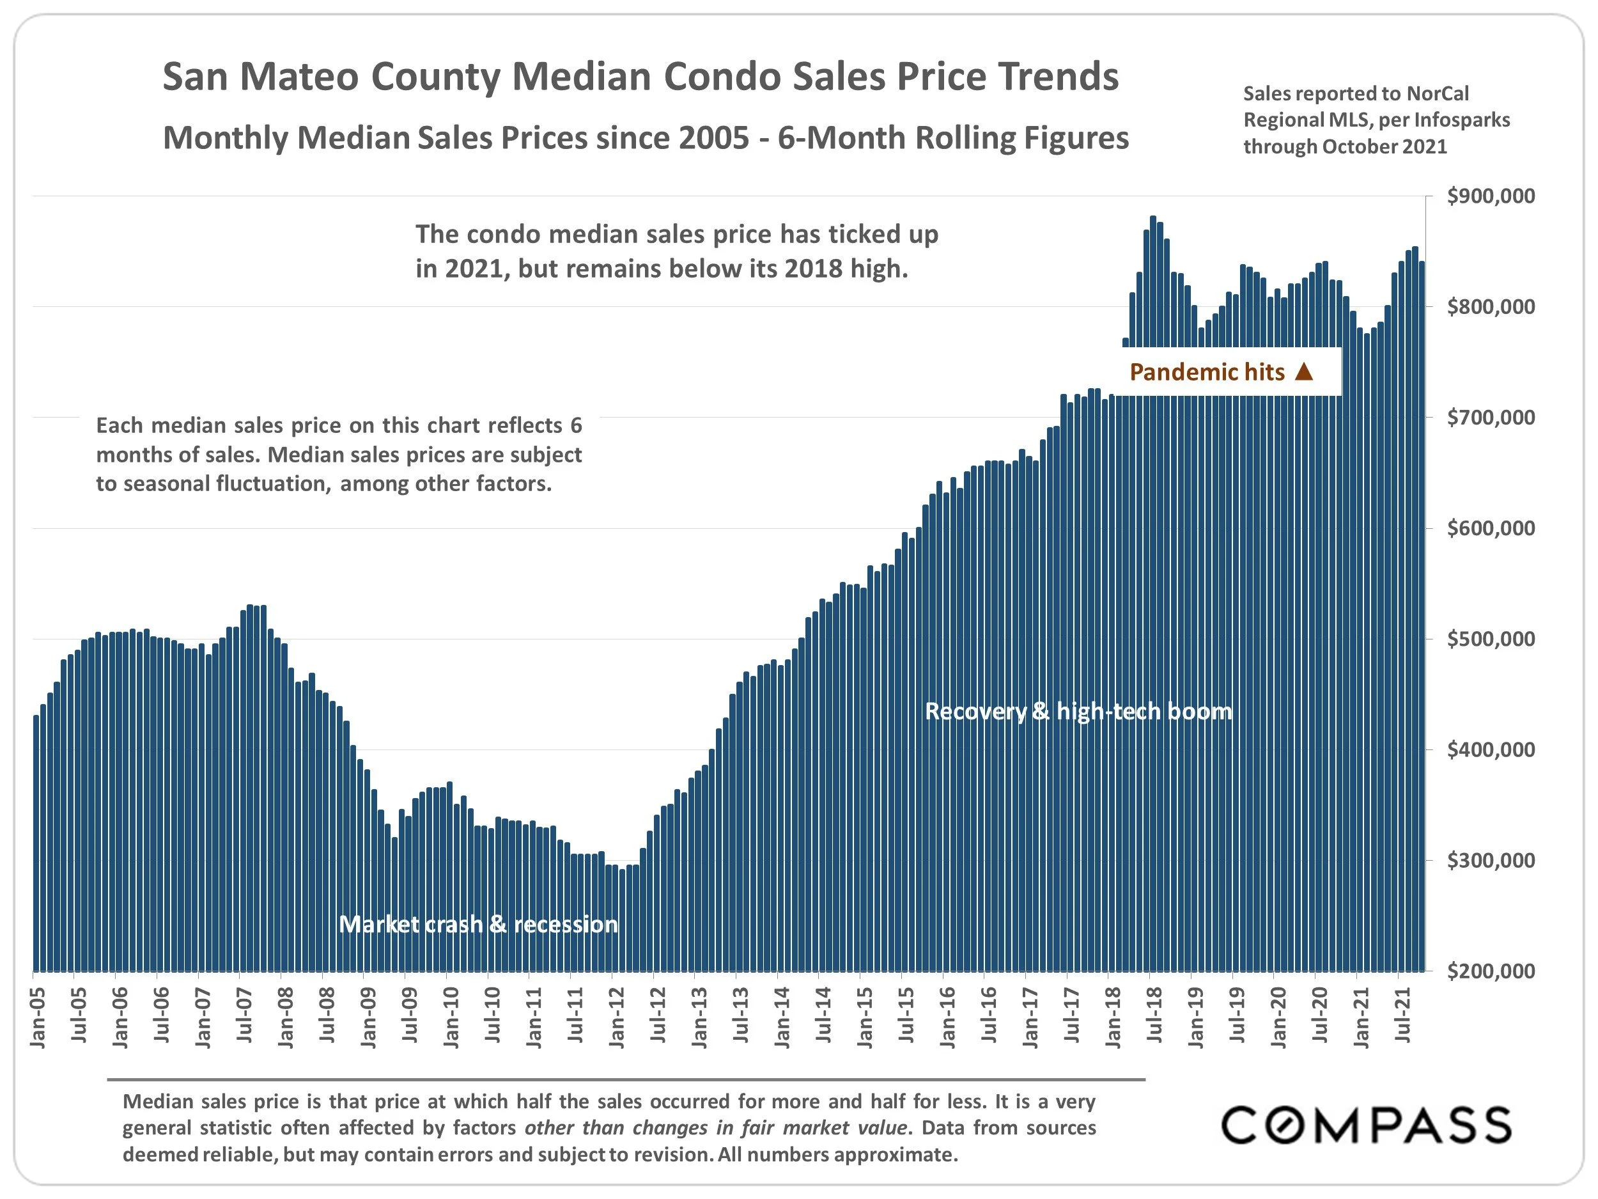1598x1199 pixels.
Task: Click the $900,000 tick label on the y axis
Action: (1491, 196)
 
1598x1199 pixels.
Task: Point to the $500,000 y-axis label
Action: (1491, 639)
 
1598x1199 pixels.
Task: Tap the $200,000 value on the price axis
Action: (1491, 971)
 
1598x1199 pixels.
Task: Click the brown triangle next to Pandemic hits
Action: (1304, 372)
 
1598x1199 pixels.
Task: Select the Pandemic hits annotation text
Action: (1207, 372)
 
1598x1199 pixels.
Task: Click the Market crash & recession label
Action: (478, 925)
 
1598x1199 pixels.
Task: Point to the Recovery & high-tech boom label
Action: (1078, 711)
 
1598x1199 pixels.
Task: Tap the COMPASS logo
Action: (1366, 1125)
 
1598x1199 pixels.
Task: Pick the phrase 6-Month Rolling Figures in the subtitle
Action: (953, 138)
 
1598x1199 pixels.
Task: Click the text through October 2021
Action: (1345, 146)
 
